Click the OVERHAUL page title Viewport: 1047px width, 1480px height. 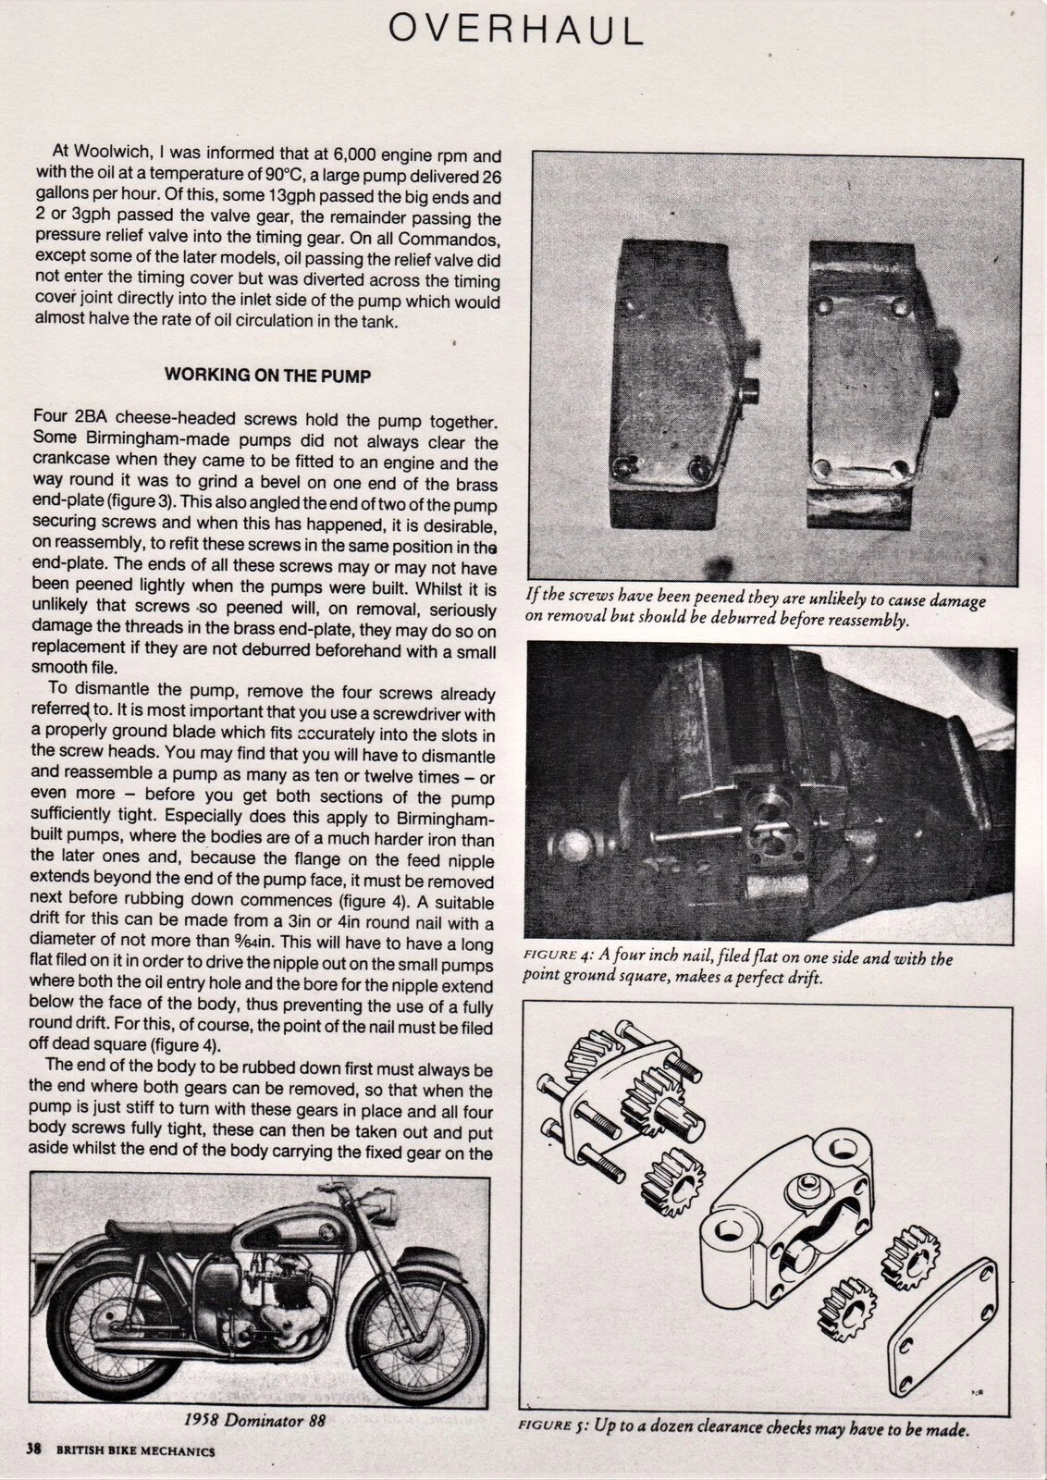click(x=515, y=31)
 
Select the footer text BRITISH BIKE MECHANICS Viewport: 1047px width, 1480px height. click(x=135, y=1451)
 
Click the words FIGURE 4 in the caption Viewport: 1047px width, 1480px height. click(x=561, y=959)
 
